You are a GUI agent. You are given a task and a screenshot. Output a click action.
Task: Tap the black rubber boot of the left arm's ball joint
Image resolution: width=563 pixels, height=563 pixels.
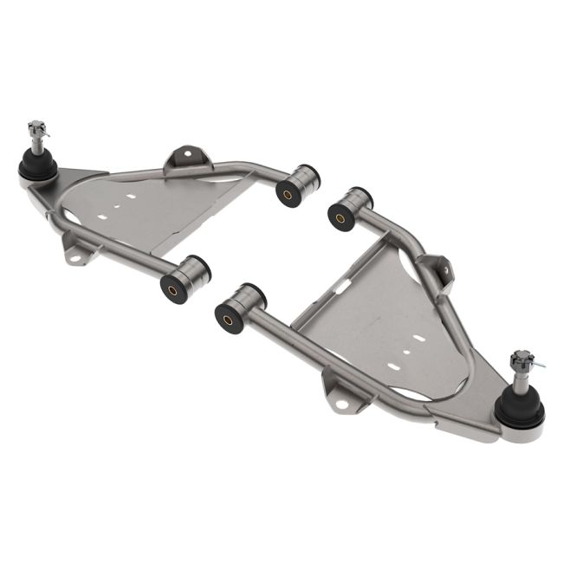37,165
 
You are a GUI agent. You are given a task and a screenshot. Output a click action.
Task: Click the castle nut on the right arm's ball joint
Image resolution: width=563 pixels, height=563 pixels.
521,359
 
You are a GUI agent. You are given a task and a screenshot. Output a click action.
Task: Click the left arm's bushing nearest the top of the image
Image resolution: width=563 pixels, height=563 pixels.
297,184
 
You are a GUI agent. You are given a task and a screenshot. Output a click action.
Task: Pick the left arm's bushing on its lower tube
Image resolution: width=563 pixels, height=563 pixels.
184,277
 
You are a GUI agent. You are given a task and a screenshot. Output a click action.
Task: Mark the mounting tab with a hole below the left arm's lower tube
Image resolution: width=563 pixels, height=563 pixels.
75,252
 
